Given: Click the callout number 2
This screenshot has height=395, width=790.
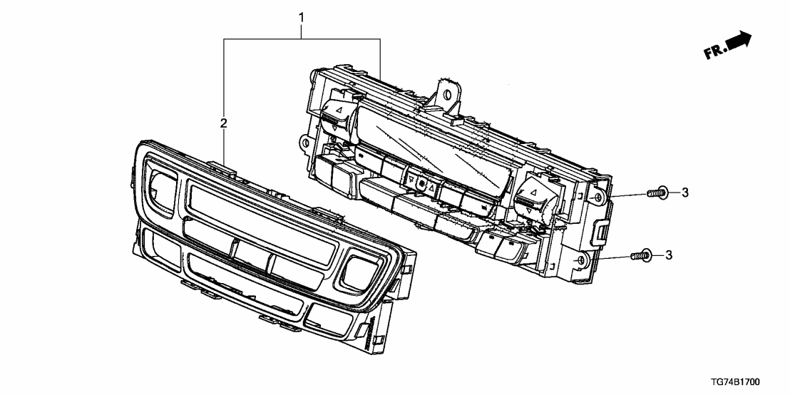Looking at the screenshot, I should coord(224,124).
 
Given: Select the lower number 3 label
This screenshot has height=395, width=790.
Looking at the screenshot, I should coord(668,254).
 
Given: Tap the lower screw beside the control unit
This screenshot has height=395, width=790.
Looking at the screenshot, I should coord(640,254).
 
